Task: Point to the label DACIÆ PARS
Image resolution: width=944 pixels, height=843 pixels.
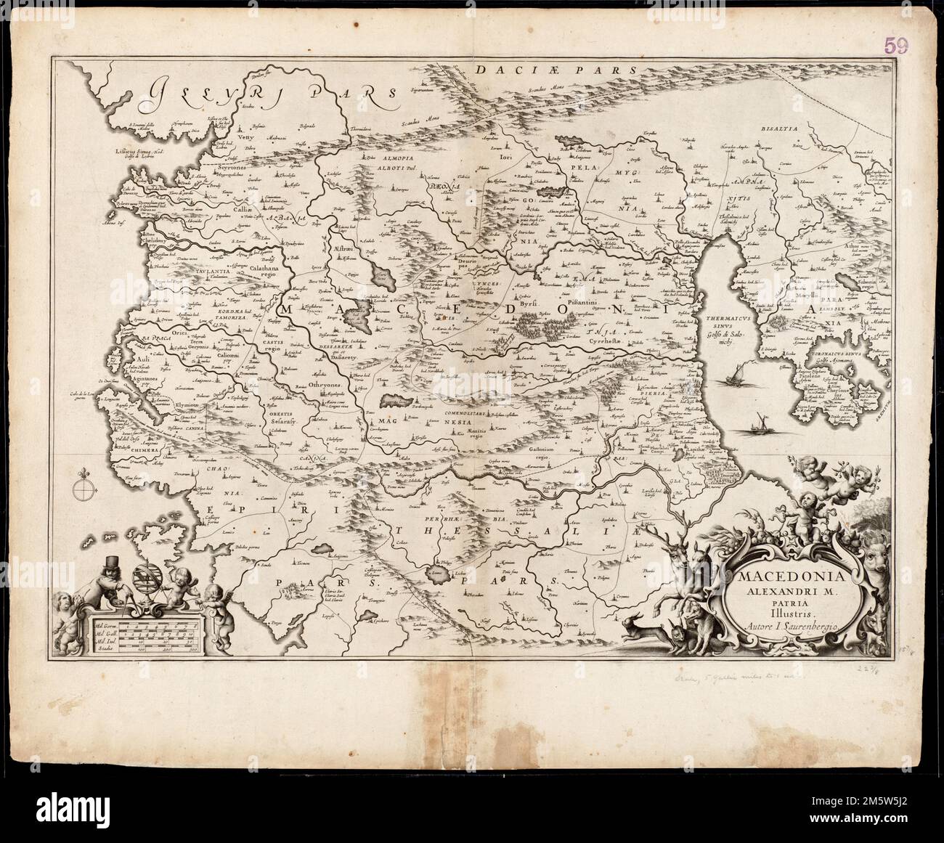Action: click(x=556, y=70)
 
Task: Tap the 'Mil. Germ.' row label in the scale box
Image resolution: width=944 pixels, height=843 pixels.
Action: click(x=104, y=625)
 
